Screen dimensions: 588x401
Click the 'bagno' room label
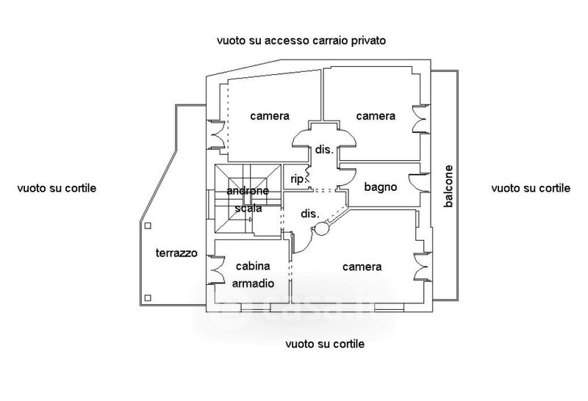(380, 187)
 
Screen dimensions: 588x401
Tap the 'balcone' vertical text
(448, 187)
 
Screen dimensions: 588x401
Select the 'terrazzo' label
(176, 253)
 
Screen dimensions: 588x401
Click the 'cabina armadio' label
(253, 275)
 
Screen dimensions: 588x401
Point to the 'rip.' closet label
(297, 179)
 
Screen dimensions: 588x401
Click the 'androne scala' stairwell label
(248, 199)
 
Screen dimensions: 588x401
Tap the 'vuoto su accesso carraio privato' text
(301, 40)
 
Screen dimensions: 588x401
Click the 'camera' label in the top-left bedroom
(270, 116)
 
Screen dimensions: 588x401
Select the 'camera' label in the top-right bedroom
(376, 116)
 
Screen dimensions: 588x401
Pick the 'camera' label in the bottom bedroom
(362, 267)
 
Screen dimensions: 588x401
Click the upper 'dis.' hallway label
(324, 150)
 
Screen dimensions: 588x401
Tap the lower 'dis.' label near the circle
(309, 214)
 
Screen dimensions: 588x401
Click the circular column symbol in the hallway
(322, 228)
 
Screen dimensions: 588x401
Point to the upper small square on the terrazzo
(148, 225)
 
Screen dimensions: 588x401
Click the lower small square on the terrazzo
(148, 298)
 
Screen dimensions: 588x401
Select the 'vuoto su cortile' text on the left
(57, 188)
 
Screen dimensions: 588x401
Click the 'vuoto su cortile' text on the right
(531, 188)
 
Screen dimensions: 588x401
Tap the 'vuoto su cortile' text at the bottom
(325, 344)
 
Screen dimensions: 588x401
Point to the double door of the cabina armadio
(216, 270)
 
